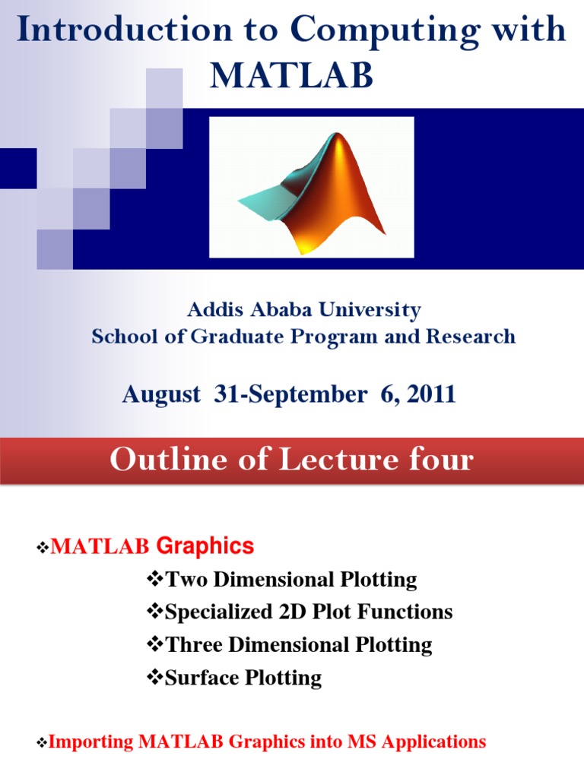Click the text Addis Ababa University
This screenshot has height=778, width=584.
click(x=303, y=310)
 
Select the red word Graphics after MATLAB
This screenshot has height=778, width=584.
click(x=205, y=546)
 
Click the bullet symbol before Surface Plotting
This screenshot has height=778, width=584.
click(x=154, y=678)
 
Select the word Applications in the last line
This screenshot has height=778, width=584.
click(x=440, y=742)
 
